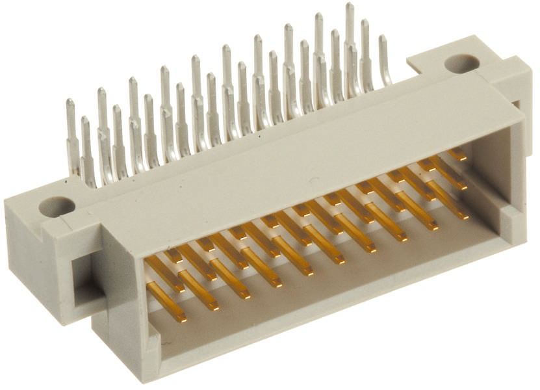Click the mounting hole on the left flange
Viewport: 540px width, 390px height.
tap(57, 207)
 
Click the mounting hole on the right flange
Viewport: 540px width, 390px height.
tap(461, 63)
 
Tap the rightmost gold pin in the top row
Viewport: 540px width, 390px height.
tap(457, 155)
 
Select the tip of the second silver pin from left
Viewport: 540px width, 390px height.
tap(85, 121)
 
